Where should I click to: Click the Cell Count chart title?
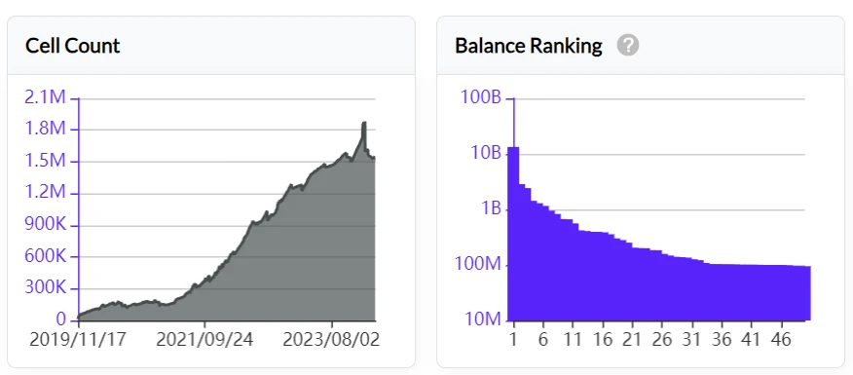pos(72,46)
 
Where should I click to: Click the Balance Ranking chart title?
pos(529,46)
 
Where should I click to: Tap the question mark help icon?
pos(628,46)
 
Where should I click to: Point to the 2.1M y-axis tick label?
pos(46,98)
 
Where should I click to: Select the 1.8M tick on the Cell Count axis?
pos(46,130)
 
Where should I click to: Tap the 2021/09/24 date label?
pos(204,342)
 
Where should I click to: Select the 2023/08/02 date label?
pos(332,342)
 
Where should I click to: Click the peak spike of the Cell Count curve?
pos(363,125)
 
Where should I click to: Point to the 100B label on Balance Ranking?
pos(479,98)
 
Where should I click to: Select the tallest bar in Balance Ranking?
pos(513,234)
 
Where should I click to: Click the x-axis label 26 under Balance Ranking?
pos(662,342)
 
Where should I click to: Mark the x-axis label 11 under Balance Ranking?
pos(573,342)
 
